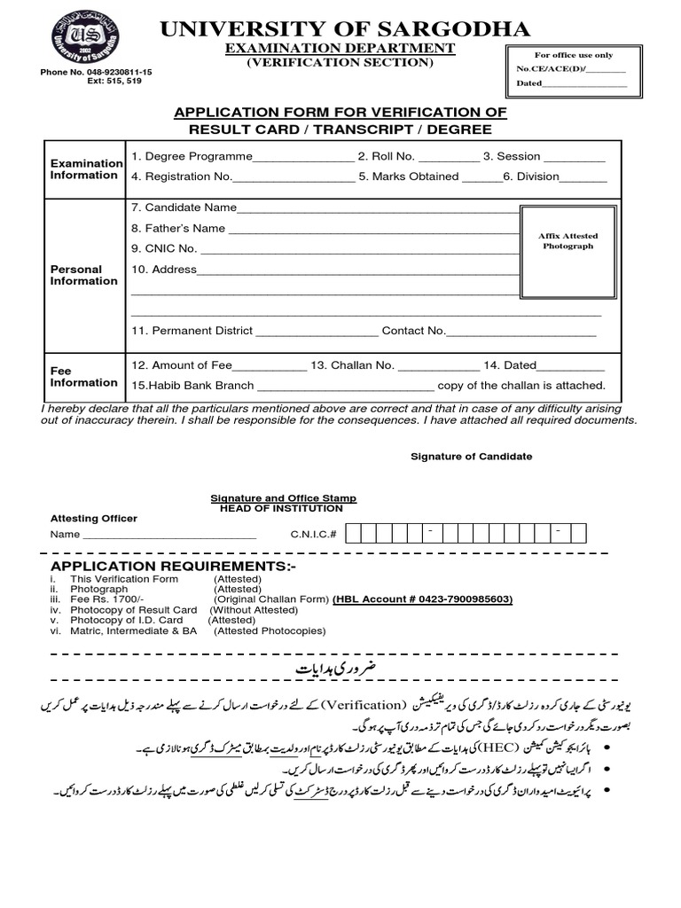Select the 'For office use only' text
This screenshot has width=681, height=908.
(x=571, y=54)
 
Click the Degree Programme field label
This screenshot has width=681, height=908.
(x=192, y=156)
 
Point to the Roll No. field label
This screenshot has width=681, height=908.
(x=386, y=156)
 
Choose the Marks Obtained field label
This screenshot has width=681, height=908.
(x=409, y=176)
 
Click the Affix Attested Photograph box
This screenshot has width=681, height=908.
(x=567, y=241)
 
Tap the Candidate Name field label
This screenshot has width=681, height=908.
(x=184, y=207)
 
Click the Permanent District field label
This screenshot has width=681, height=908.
(x=192, y=331)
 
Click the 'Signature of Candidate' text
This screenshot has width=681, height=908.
(x=471, y=457)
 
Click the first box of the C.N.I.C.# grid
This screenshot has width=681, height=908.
(x=353, y=534)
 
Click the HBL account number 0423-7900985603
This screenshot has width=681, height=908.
(x=423, y=599)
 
